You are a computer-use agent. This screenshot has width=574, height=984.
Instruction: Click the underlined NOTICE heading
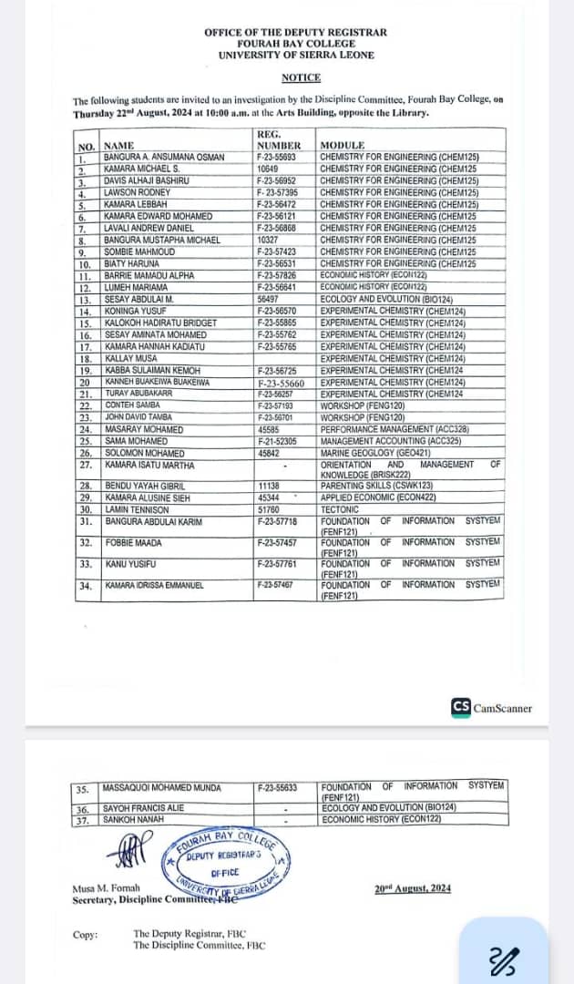[x=301, y=78]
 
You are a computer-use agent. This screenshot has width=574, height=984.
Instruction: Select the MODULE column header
[x=342, y=145]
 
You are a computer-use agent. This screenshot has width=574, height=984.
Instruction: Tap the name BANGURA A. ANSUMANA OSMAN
[x=164, y=157]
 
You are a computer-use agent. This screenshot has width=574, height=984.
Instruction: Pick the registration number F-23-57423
[x=276, y=251]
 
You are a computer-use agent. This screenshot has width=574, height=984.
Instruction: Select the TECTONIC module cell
[x=340, y=509]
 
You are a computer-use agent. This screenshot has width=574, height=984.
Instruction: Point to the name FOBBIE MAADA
[x=133, y=543]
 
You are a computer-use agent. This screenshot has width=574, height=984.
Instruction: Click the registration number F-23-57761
[x=276, y=564]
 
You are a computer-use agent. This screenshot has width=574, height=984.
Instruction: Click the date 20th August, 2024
[x=412, y=888]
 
